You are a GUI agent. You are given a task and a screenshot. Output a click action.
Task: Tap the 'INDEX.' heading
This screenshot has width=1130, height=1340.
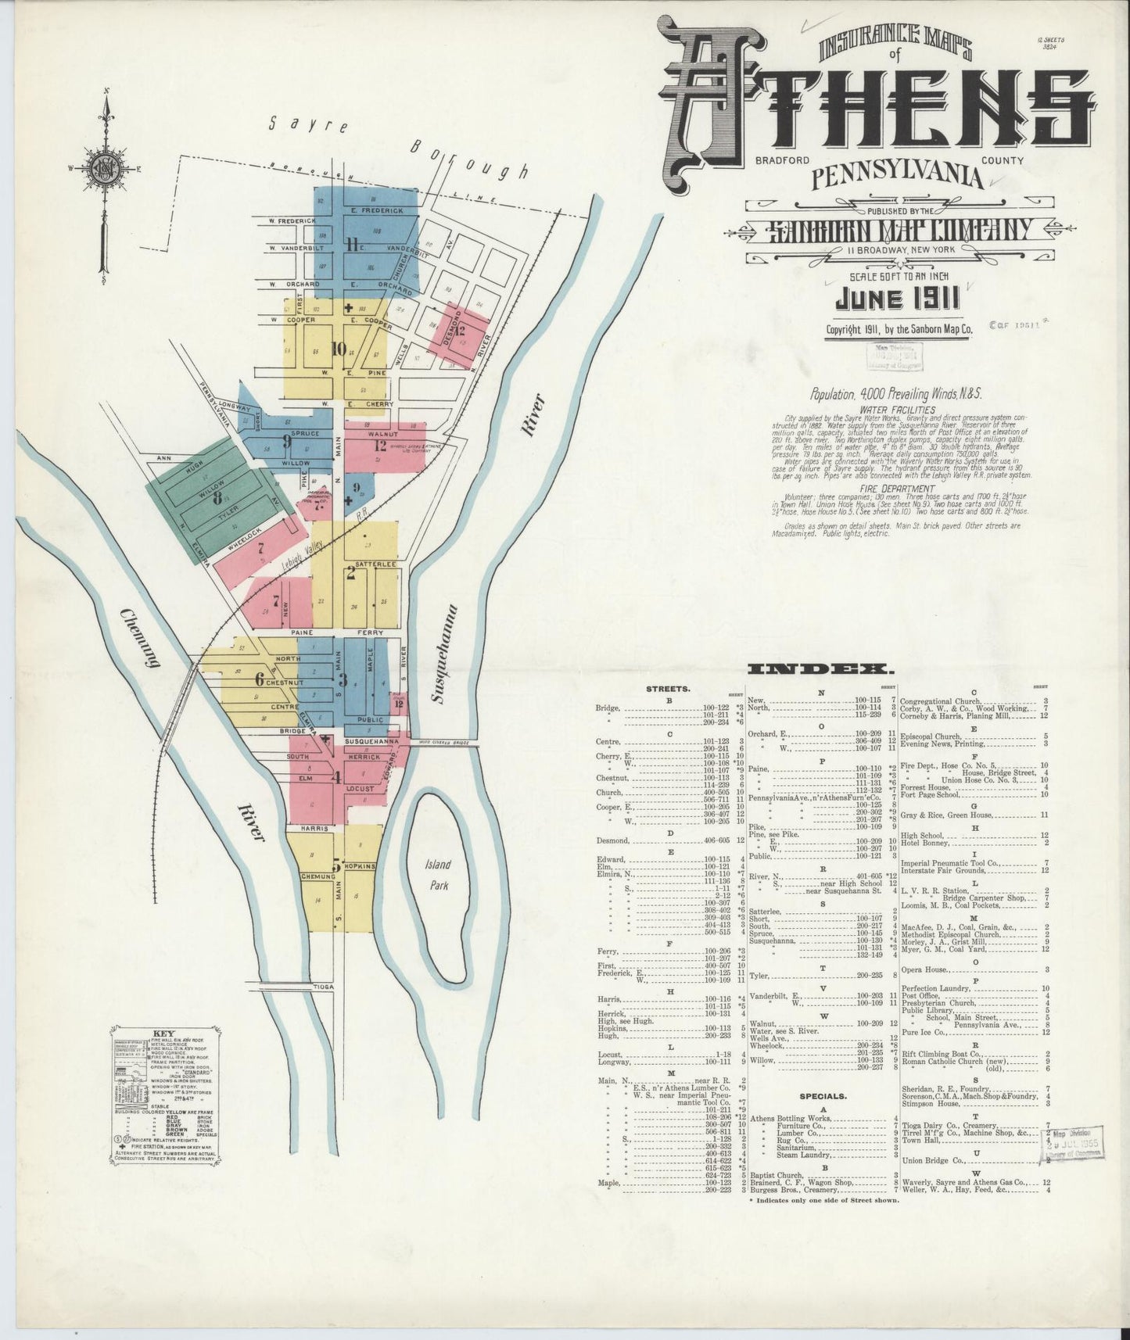pyautogui.click(x=821, y=669)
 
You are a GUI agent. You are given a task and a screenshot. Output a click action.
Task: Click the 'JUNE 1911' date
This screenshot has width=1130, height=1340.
pyautogui.click(x=895, y=301)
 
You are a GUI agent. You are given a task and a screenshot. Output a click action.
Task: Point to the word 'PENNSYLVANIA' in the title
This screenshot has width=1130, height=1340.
pyautogui.click(x=897, y=177)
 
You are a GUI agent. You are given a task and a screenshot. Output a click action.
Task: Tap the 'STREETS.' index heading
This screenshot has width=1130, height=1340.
pyautogui.click(x=668, y=690)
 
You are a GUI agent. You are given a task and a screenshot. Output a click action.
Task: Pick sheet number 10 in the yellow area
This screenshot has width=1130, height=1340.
pyautogui.click(x=338, y=349)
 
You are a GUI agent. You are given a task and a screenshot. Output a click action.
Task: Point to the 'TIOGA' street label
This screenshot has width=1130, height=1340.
pyautogui.click(x=325, y=987)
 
